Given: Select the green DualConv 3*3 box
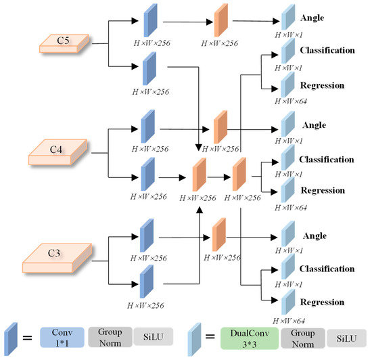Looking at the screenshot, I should [251, 337].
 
